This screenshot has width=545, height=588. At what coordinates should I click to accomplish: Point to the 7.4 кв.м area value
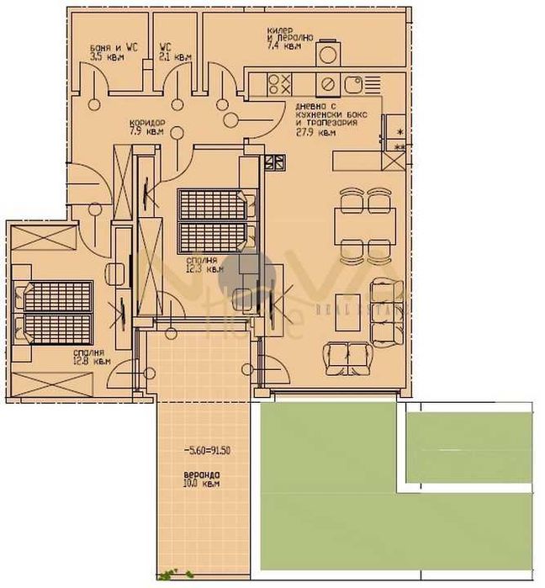point(283,47)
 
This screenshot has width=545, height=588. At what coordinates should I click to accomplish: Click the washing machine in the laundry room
point(327,52)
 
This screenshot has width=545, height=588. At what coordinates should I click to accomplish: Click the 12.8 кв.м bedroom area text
point(92,361)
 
